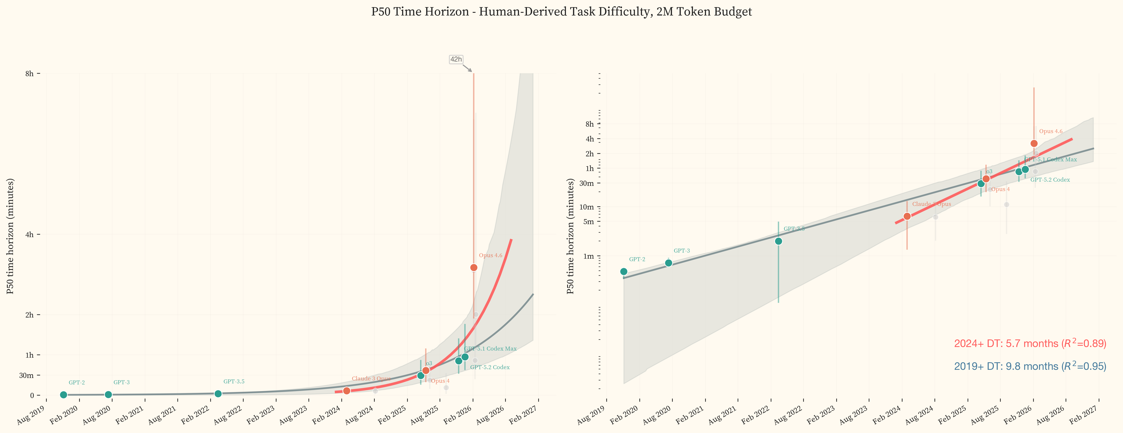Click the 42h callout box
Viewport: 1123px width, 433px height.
pyautogui.click(x=456, y=59)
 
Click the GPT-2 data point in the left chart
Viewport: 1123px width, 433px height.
pyautogui.click(x=64, y=395)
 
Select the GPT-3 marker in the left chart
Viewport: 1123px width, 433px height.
pyautogui.click(x=108, y=395)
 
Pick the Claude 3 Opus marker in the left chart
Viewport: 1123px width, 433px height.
pyautogui.click(x=347, y=391)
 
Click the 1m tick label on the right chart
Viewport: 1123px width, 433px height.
pyautogui.click(x=589, y=256)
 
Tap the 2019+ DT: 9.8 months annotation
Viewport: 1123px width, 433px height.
pyautogui.click(x=1030, y=366)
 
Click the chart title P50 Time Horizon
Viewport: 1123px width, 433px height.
pyautogui.click(x=561, y=12)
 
